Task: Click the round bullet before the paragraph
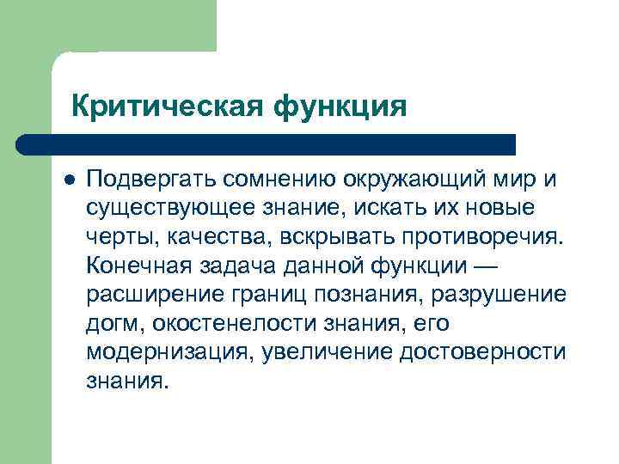pos(69,179)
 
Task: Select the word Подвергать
pos(151,179)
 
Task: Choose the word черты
pos(117,237)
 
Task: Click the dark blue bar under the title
pos(267,143)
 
